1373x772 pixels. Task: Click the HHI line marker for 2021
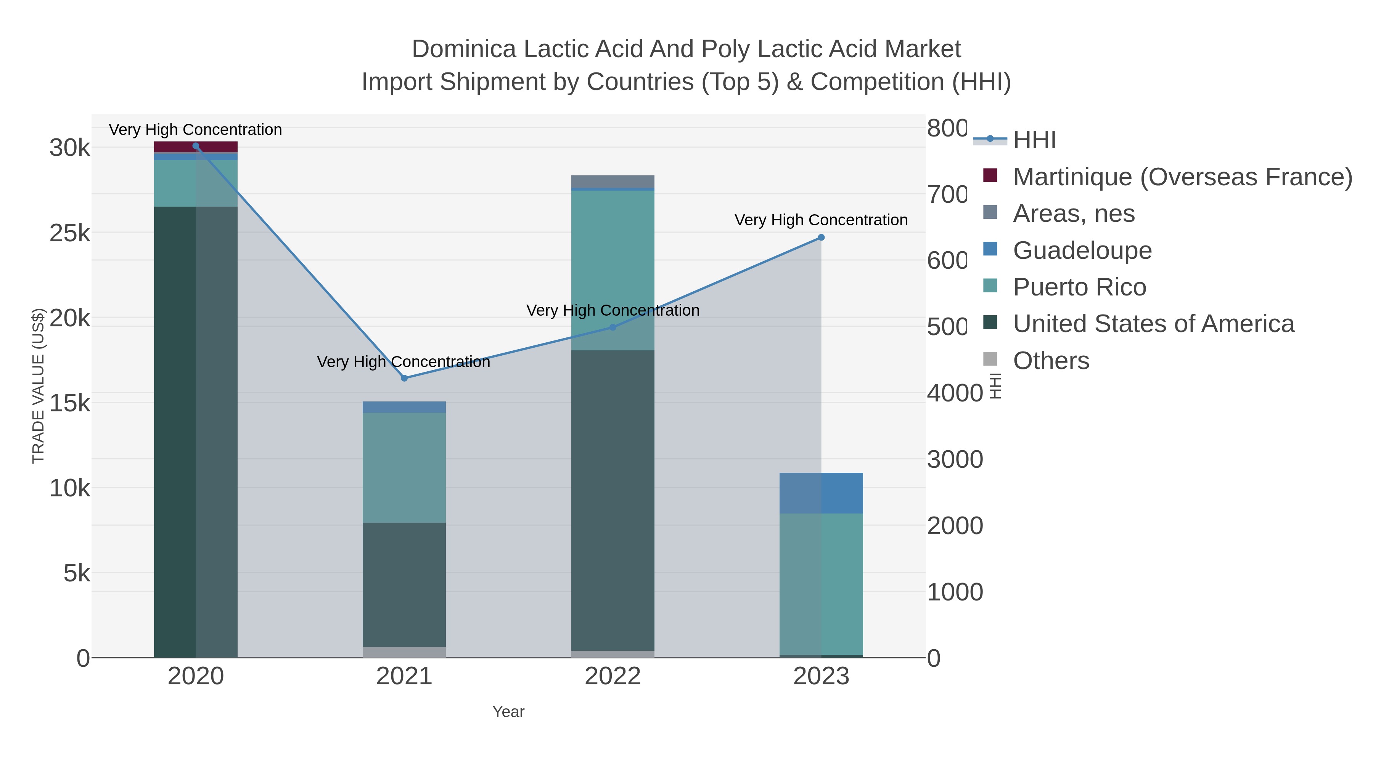[x=404, y=378]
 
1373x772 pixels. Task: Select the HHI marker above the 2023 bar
[x=821, y=238]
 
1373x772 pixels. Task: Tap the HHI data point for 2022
[x=613, y=327]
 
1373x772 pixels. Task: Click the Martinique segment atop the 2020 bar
[x=196, y=147]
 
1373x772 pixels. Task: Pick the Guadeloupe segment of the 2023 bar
[x=821, y=493]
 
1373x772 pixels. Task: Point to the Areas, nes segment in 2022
[x=613, y=181]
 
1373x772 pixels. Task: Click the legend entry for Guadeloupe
[x=1082, y=250]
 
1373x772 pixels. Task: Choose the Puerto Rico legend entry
[x=1079, y=287]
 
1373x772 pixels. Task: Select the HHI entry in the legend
[x=1034, y=140]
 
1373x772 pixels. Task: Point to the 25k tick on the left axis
[x=70, y=233]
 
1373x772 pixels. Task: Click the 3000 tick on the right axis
[x=955, y=459]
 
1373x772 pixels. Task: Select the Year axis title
[x=508, y=712]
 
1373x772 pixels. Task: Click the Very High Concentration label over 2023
[x=821, y=220]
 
